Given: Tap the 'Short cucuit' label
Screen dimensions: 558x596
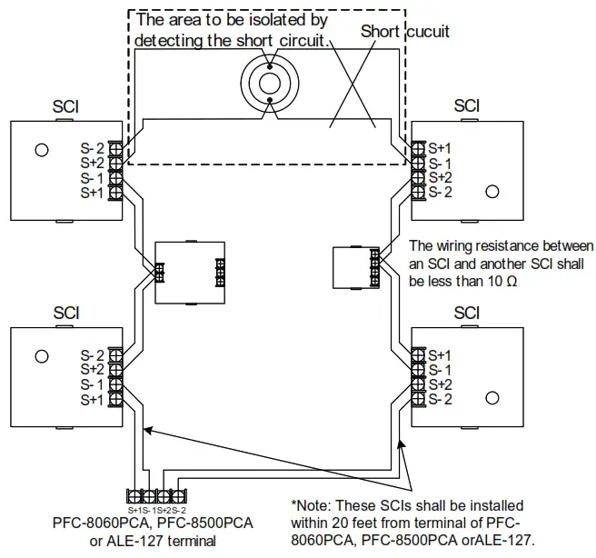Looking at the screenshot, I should (405, 32).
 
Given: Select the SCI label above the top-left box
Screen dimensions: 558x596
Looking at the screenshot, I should (66, 106).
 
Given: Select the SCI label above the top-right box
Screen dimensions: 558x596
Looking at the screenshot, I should (466, 106).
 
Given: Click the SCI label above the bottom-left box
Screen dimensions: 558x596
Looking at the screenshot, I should (66, 313).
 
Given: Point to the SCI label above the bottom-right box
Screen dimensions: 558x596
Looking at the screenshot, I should (466, 313).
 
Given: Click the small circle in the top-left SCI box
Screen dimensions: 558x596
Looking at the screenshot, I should (41, 150).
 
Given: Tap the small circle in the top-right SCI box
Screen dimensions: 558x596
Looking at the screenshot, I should (492, 191).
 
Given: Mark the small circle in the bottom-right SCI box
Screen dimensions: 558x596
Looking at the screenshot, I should (492, 398).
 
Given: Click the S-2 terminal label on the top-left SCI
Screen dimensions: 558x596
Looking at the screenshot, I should (92, 148).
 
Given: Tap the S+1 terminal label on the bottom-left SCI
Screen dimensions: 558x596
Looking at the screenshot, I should (92, 399).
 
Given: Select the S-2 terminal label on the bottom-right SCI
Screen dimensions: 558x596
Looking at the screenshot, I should (441, 399).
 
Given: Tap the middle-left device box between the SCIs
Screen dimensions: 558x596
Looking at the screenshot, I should (189, 271).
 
